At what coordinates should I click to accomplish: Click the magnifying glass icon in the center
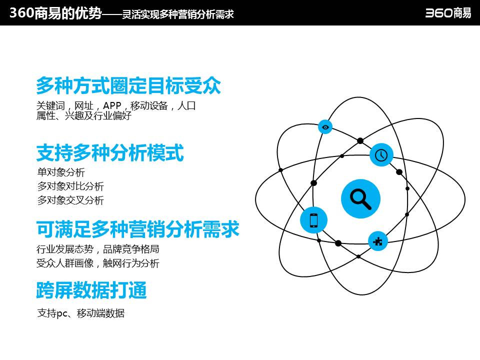(x=360, y=198)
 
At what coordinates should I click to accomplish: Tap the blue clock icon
(x=381, y=154)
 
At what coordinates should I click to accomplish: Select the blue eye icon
(x=325, y=127)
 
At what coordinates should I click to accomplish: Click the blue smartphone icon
(x=314, y=220)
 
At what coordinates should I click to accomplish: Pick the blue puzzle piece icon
(x=377, y=241)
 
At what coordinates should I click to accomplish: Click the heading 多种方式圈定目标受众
(x=128, y=86)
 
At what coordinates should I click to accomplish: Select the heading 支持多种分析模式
(x=110, y=153)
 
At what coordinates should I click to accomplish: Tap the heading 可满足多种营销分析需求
(x=137, y=229)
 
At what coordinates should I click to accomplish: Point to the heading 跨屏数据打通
(x=91, y=290)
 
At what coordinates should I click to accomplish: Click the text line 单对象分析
(x=61, y=172)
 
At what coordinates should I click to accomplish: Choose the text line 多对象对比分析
(x=70, y=186)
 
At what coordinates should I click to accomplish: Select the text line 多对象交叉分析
(x=70, y=200)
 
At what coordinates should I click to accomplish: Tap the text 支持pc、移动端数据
(x=81, y=313)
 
